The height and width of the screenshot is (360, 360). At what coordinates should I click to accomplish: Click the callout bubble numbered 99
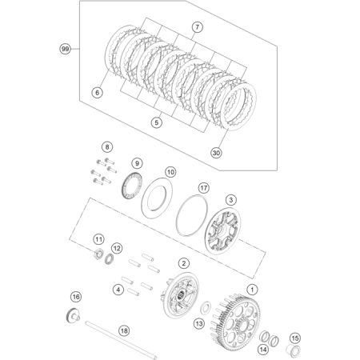click(x=65, y=49)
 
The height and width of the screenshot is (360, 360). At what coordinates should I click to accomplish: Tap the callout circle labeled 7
click(x=197, y=27)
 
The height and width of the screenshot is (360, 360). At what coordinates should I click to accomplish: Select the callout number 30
click(x=216, y=153)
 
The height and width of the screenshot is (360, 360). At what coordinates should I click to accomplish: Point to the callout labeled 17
click(x=204, y=188)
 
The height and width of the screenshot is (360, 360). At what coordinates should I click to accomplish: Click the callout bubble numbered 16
click(x=76, y=297)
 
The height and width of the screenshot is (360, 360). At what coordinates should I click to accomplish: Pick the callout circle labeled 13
click(x=199, y=324)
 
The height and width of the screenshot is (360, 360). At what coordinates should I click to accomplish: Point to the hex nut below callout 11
click(x=98, y=254)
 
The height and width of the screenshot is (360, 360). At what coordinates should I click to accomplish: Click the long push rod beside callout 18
click(x=121, y=340)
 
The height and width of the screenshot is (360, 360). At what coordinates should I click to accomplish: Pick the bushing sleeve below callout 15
click(x=294, y=350)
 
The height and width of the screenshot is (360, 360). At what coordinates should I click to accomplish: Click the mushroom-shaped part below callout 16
click(x=73, y=316)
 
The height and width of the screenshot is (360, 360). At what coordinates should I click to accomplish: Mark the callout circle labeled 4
click(x=118, y=290)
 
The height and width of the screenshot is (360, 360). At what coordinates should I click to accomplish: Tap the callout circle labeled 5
click(x=156, y=122)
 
